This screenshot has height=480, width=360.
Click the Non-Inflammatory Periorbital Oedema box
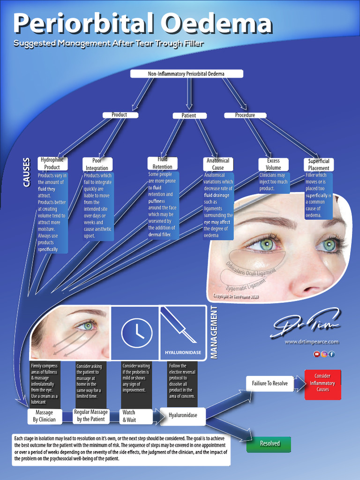(186, 74)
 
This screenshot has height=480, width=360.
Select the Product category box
(119, 115)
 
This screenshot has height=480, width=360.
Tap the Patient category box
(189, 115)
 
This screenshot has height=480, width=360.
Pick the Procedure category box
(245, 115)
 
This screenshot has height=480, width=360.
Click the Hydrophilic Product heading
(52, 164)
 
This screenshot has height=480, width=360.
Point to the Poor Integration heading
(97, 165)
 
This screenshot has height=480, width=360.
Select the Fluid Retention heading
(162, 163)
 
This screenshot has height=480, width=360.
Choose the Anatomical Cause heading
(218, 164)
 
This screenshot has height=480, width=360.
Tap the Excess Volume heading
(273, 164)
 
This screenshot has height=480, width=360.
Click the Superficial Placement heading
(319, 165)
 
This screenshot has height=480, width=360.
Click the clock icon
(136, 333)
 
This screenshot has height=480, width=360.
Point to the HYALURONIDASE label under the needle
(183, 352)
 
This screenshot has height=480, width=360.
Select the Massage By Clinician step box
(44, 416)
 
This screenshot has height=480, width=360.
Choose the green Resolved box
(269, 443)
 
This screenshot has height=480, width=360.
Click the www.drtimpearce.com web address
(311, 342)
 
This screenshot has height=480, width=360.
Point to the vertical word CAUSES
(27, 172)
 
